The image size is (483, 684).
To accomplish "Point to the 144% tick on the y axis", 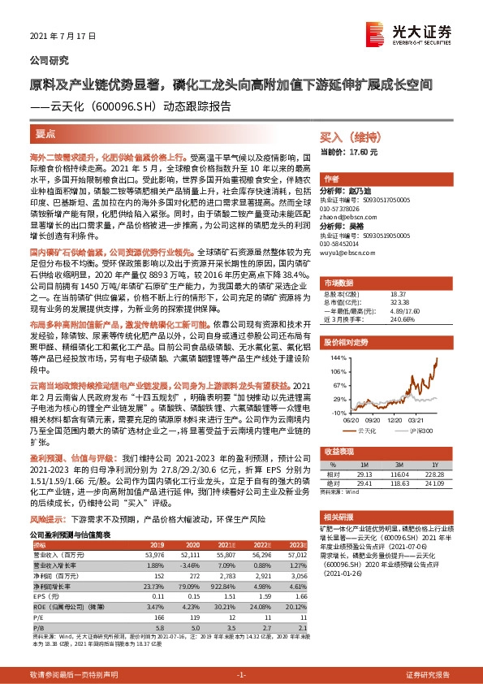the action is tap(338, 357).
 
